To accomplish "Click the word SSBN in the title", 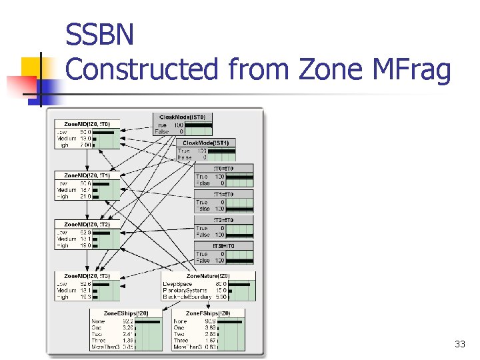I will (100, 35).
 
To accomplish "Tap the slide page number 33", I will (459, 344).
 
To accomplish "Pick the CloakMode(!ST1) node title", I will (206, 143).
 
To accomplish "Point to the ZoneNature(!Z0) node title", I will (208, 275).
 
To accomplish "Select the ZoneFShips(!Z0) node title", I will (207, 313).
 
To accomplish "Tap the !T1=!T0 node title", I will (223, 194).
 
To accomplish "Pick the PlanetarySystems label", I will (186, 290).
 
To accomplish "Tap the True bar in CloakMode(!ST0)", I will (199, 125).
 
